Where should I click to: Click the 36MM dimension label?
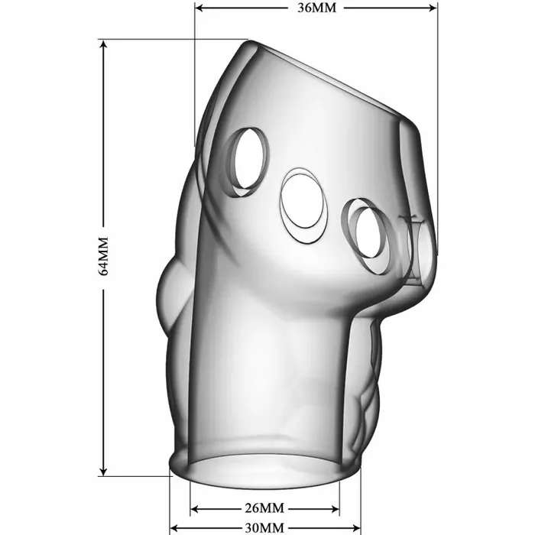316,8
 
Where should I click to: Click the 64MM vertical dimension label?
103,256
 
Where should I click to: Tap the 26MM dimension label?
264,508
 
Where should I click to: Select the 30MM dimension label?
264,528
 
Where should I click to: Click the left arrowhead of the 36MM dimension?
199,8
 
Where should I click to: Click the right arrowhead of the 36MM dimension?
433,8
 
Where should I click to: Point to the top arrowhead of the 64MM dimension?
104,44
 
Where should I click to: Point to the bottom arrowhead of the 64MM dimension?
104,472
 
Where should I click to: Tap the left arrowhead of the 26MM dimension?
194,509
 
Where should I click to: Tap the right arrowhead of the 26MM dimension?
335,509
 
